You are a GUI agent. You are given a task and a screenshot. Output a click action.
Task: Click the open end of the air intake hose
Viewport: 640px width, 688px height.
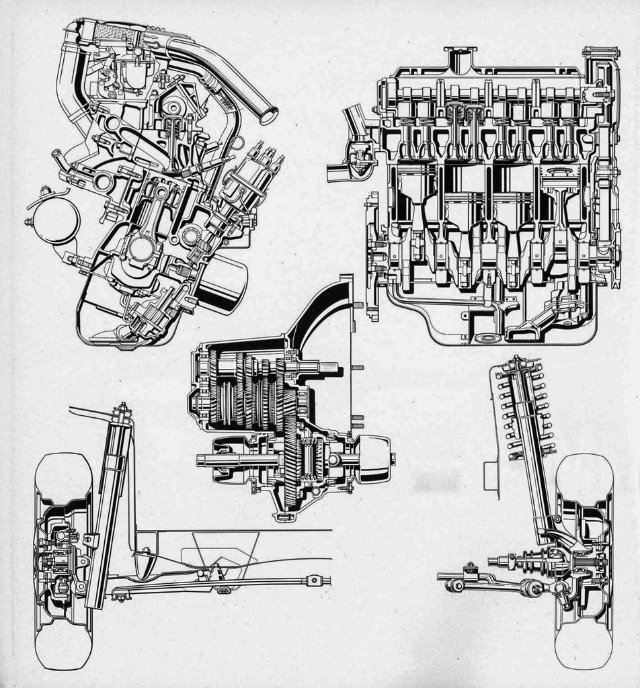pos(268,116)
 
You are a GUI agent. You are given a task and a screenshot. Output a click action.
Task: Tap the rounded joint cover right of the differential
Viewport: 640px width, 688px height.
pos(373,459)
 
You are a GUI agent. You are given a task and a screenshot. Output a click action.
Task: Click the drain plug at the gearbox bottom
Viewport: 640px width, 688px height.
pos(284,517)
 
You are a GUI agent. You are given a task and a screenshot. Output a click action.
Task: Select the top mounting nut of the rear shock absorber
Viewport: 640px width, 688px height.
pos(122,408)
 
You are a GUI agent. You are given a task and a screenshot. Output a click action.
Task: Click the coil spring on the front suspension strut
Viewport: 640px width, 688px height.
pos(524,410)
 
